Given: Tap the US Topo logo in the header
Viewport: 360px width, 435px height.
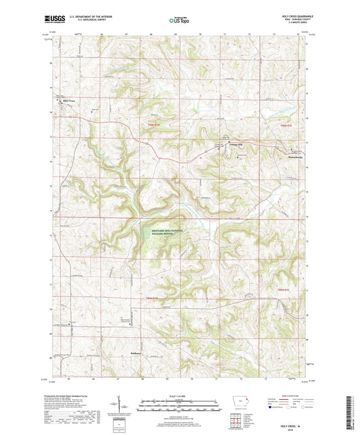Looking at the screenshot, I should pyautogui.click(x=180, y=21).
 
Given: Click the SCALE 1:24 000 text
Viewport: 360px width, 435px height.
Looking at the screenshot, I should pyautogui.click(x=179, y=394).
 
